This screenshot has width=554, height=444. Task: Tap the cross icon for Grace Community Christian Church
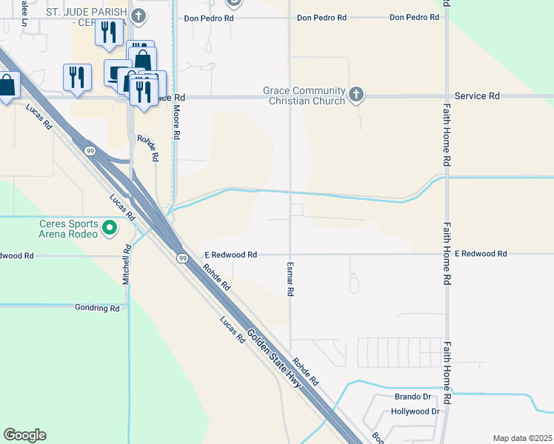tap(356, 94)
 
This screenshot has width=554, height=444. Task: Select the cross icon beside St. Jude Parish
tap(138, 16)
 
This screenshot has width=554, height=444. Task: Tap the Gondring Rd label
tap(97, 307)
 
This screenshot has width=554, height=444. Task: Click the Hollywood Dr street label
tap(415, 411)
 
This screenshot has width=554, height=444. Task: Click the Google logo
tap(24, 435)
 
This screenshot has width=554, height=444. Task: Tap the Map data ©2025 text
tap(522, 438)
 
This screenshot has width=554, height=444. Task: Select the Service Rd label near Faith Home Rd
tap(477, 96)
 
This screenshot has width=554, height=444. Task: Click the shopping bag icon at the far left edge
tap(6, 85)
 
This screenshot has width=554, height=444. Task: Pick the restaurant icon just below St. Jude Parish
tap(108, 31)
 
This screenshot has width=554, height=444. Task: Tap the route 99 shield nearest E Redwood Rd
tap(181, 258)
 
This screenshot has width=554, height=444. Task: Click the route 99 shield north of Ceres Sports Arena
tap(90, 150)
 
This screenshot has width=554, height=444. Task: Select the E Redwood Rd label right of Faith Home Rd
tap(481, 254)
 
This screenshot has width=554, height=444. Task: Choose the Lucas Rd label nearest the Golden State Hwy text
tap(232, 330)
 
